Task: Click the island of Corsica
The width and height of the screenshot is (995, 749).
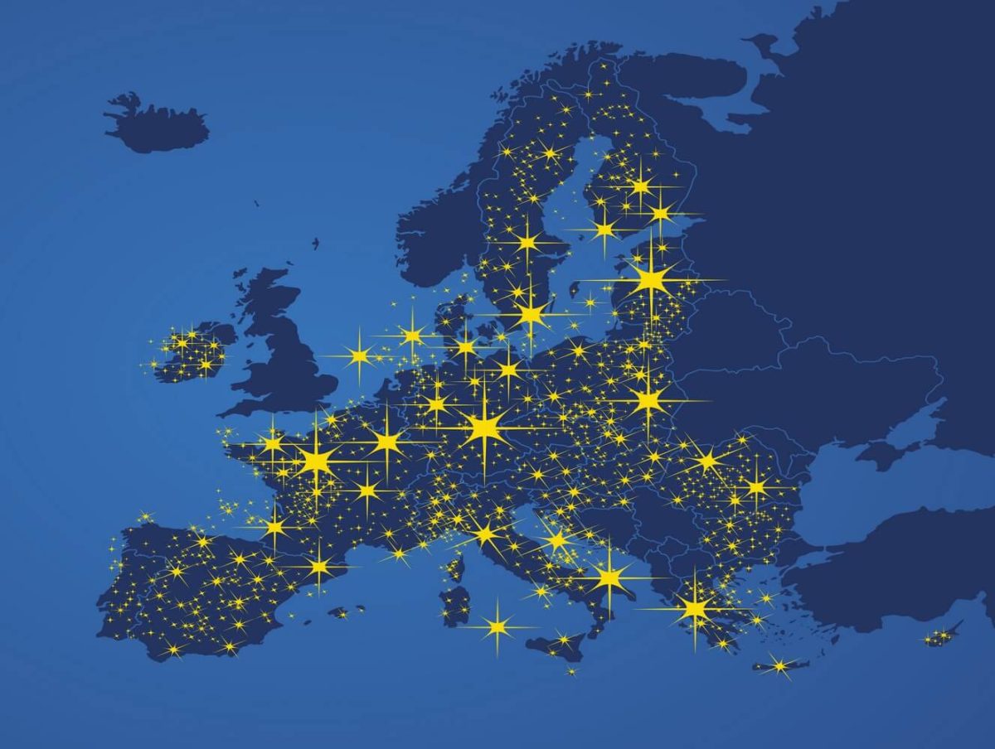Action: (x=455, y=568)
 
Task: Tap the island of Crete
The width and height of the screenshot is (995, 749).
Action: (x=779, y=664)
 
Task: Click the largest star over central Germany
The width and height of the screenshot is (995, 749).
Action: (x=484, y=428)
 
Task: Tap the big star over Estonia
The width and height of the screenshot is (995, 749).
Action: (x=652, y=279)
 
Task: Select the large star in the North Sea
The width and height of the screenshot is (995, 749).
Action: (x=359, y=356)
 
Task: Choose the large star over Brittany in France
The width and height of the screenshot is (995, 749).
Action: (x=272, y=442)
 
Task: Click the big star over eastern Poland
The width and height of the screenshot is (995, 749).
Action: (x=648, y=401)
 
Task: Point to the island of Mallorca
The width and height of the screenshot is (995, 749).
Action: (x=338, y=612)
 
